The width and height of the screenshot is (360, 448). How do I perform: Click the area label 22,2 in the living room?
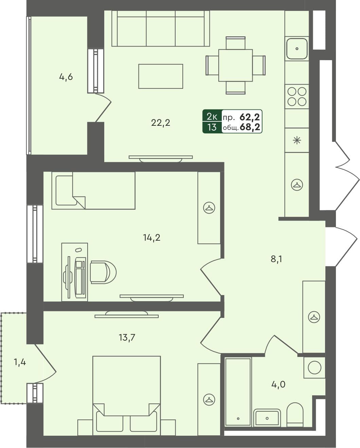point(160,123)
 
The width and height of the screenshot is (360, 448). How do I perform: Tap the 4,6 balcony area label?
point(66,77)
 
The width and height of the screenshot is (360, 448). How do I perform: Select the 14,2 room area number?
point(151,238)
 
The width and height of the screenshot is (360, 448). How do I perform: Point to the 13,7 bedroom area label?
point(127,338)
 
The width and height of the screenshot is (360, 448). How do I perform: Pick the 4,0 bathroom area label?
point(278,384)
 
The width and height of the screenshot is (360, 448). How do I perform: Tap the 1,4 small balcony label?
point(20,362)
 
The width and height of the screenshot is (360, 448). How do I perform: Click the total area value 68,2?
point(250,127)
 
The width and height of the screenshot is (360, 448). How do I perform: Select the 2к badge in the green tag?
point(212,117)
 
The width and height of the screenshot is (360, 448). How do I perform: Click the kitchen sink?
point(297,49)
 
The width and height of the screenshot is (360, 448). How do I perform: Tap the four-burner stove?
point(297,97)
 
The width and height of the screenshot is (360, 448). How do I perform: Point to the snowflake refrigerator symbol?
point(297,140)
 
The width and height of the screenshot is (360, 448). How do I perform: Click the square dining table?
point(235,65)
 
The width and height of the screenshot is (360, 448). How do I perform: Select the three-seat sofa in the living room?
point(161,29)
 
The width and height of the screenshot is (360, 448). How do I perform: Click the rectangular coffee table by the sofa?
point(161,76)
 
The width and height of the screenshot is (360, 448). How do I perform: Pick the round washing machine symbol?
point(314,367)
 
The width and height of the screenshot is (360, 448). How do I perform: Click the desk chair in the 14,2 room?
point(103,272)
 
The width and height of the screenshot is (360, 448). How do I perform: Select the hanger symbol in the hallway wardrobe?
point(314,317)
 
